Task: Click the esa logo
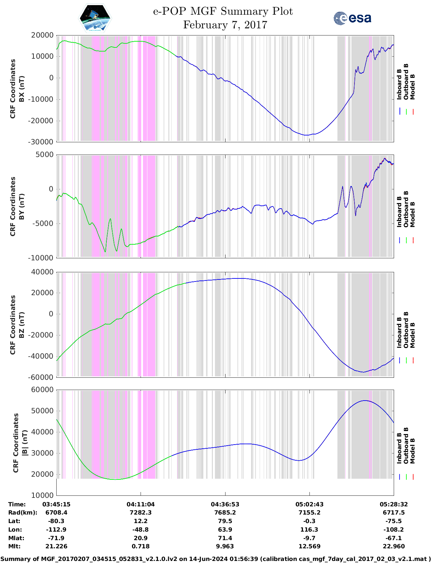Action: tap(352, 18)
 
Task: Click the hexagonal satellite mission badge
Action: tap(95, 18)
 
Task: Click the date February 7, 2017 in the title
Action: tap(225, 25)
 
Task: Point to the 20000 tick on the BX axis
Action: tap(42, 35)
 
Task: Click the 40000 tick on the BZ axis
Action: tap(42, 272)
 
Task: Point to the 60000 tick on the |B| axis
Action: tap(42, 390)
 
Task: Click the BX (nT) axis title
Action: tap(21, 89)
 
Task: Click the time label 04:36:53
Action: tap(225, 504)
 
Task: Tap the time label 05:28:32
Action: tap(393, 504)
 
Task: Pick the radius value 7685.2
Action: tap(225, 513)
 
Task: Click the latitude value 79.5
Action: tap(225, 521)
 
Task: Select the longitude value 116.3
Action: tap(309, 530)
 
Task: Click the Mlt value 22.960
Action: tap(393, 546)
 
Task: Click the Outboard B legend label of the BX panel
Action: tap(406, 82)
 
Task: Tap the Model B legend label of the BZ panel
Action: tap(412, 335)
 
